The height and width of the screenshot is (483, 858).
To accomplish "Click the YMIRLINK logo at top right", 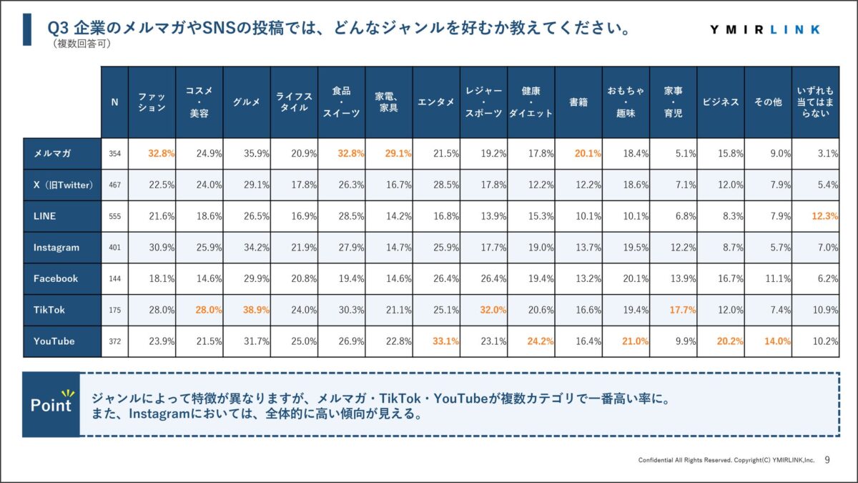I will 765,29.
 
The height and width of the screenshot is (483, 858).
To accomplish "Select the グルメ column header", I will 247,102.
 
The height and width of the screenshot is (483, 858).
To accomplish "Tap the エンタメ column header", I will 436,102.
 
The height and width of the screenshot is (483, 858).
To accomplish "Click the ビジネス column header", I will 720,102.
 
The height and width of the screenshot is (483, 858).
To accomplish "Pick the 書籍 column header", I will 578,102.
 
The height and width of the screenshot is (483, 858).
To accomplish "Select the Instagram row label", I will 56,248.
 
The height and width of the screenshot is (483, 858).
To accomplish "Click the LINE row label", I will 44,216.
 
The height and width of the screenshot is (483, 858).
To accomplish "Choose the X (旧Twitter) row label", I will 64,185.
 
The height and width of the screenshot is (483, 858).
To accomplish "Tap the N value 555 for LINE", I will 114,216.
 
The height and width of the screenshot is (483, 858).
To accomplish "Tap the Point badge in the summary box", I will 51,404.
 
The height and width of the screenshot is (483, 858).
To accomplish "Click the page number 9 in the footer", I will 827,459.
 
